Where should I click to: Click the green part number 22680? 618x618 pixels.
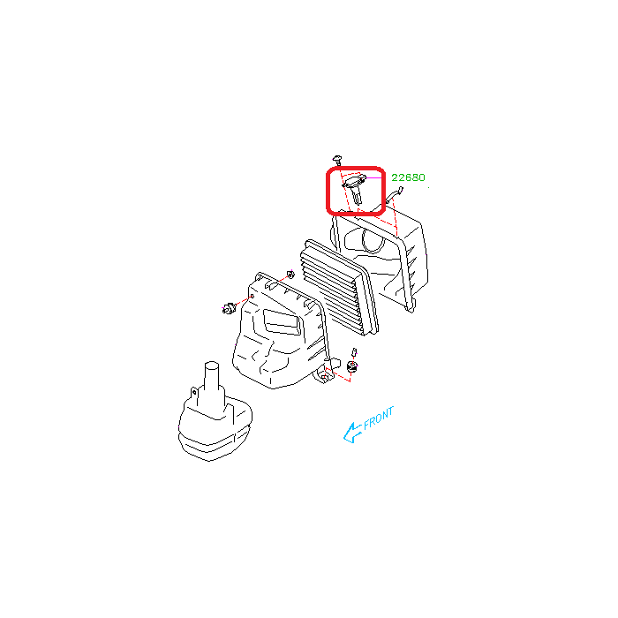click(x=408, y=177)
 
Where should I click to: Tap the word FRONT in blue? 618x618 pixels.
click(x=379, y=418)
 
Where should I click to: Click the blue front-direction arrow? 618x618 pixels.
click(x=352, y=433)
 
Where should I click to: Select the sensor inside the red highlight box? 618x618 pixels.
click(x=355, y=188)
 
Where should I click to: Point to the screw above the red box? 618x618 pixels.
click(x=337, y=160)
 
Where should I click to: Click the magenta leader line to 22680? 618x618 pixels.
click(x=374, y=177)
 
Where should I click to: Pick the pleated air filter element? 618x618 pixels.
click(x=339, y=288)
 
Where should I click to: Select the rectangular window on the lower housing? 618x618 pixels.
click(x=282, y=322)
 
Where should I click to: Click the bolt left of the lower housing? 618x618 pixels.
click(x=228, y=308)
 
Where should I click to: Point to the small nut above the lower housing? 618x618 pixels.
click(x=290, y=274)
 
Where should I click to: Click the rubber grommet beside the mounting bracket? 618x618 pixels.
click(x=352, y=366)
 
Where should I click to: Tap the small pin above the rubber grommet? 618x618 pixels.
click(x=354, y=352)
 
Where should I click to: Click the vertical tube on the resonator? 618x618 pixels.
click(x=212, y=378)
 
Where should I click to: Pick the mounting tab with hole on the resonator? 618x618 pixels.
click(x=194, y=393)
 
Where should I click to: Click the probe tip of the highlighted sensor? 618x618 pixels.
click(x=358, y=200)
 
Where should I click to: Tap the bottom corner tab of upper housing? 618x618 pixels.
click(x=410, y=309)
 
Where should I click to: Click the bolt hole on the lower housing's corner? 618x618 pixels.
click(x=252, y=297)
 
